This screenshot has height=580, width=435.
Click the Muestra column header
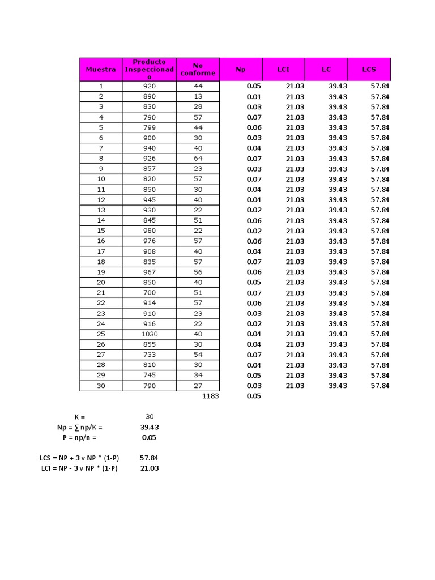(101, 69)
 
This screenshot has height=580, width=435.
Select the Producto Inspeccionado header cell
(149, 69)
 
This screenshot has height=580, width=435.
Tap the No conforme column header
(198, 69)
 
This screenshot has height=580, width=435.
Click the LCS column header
(369, 69)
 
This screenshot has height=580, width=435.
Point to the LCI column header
(283, 69)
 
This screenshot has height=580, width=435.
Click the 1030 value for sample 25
(150, 334)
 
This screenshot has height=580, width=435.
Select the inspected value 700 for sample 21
(150, 293)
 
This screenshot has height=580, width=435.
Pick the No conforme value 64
(198, 159)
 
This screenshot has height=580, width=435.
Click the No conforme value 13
(198, 96)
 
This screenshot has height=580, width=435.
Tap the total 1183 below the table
(210, 396)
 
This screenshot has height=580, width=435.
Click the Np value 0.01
(254, 96)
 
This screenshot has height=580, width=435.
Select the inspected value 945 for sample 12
(150, 200)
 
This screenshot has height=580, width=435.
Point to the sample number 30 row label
(101, 386)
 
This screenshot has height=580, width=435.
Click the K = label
(80, 417)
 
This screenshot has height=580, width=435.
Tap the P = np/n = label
(80, 437)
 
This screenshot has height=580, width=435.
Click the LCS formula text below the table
(80, 458)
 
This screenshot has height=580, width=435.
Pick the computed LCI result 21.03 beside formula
(150, 468)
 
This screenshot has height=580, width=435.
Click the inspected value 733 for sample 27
(150, 355)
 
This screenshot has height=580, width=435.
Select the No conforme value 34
(198, 376)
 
